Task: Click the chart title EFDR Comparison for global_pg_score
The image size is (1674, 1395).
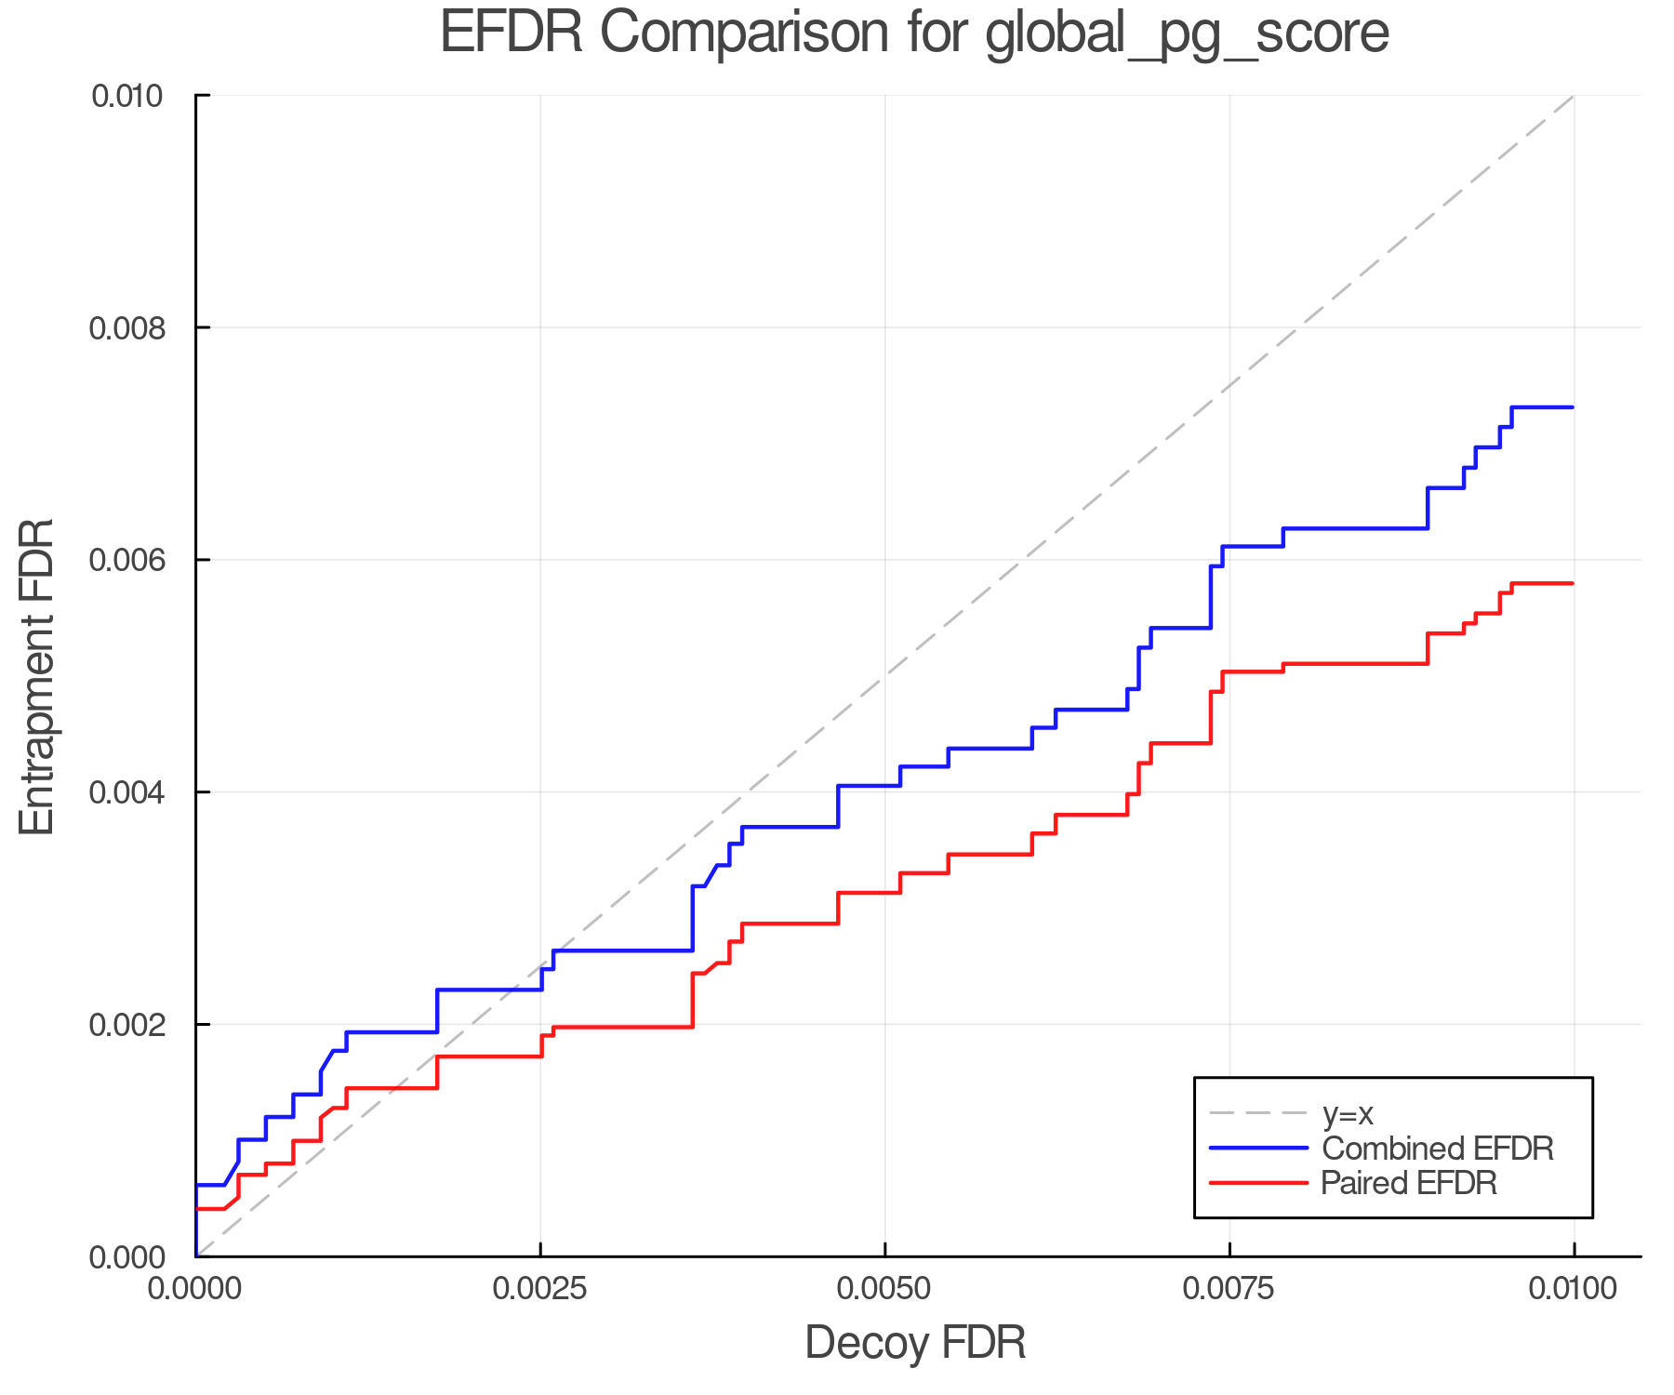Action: click(x=914, y=33)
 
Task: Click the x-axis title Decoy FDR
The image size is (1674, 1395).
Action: click(x=915, y=1342)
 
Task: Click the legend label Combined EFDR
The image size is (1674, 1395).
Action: click(x=1437, y=1149)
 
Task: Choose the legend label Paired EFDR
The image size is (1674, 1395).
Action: click(x=1408, y=1183)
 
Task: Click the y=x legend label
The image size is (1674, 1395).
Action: click(x=1347, y=1113)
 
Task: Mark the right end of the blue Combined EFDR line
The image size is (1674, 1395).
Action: click(x=1573, y=407)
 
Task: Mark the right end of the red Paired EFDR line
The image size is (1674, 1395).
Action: click(x=1573, y=583)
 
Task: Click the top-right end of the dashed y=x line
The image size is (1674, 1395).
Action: click(x=1573, y=96)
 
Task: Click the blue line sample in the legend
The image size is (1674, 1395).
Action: click(x=1257, y=1149)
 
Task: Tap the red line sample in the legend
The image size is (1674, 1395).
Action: click(x=1257, y=1183)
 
